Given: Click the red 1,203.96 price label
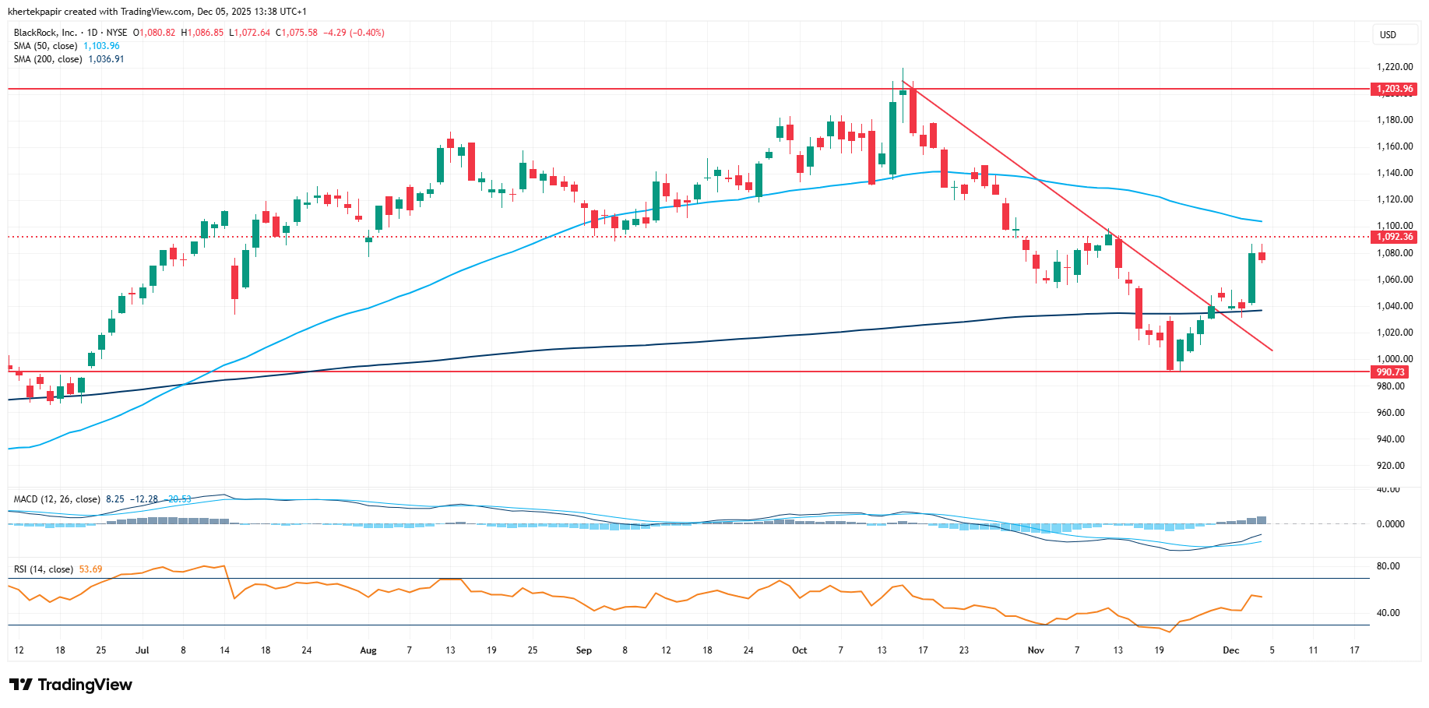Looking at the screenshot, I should tap(1393, 89).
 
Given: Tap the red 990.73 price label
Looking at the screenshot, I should tap(1390, 372).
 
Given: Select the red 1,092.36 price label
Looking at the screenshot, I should tap(1394, 237).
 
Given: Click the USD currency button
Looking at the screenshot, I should tap(1388, 35).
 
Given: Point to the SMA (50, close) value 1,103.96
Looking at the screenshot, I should tap(101, 46).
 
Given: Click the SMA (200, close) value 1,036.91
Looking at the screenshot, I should tap(106, 59).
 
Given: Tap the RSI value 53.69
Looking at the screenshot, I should tap(90, 569).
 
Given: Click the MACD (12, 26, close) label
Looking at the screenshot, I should tap(57, 499).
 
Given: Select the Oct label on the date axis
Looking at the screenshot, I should tap(799, 650).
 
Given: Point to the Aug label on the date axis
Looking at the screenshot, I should tap(368, 650).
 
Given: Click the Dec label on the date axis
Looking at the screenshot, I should tap(1230, 650).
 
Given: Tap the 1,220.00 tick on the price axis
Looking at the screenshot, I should tap(1395, 67).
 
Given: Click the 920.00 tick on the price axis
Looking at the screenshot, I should tap(1391, 466).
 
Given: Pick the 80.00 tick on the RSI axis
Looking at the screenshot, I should tap(1388, 566).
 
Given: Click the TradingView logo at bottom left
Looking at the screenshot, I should tap(71, 685).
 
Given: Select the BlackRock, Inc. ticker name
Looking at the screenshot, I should tap(45, 33).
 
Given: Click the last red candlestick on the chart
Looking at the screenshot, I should tap(1262, 255).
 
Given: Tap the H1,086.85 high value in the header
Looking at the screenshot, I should tap(202, 33).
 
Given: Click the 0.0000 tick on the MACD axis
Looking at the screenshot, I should tap(1390, 524).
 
